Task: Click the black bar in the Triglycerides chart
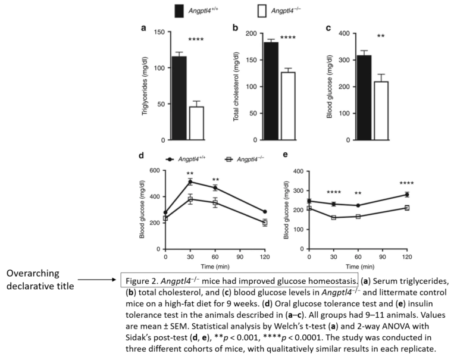click(179, 98)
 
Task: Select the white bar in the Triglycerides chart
click(196, 123)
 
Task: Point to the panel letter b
click(235, 28)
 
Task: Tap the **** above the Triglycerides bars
click(196, 40)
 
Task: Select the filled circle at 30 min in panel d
click(190, 181)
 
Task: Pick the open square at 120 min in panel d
click(265, 223)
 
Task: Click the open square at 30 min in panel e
click(334, 217)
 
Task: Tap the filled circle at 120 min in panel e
click(407, 195)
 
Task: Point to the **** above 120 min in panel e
click(407, 183)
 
